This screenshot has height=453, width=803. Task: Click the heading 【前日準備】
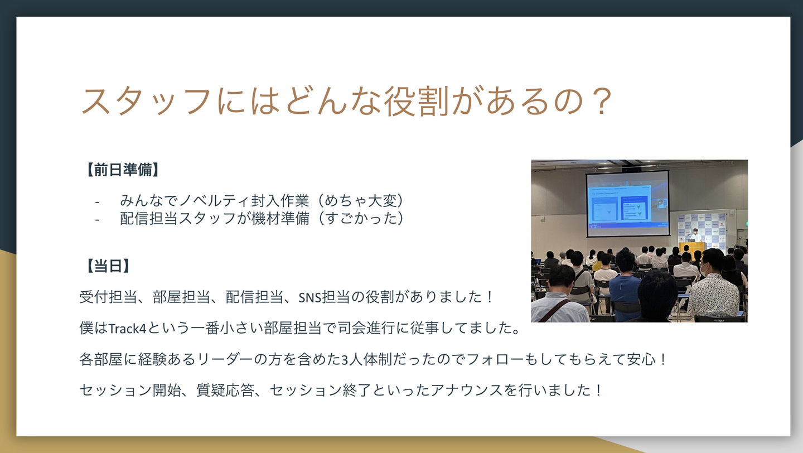(x=122, y=170)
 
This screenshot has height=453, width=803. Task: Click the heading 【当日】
(x=108, y=266)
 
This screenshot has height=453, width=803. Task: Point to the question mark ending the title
(x=601, y=101)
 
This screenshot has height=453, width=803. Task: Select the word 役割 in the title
(x=416, y=101)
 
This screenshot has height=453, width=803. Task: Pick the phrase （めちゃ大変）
(x=361, y=200)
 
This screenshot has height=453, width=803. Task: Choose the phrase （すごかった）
(x=361, y=218)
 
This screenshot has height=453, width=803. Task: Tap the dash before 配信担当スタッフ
(x=97, y=219)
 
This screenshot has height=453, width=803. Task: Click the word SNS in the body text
(x=309, y=297)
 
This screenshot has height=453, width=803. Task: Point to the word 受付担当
(x=108, y=297)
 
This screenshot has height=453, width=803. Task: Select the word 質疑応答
(x=225, y=390)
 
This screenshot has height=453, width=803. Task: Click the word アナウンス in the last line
(x=466, y=390)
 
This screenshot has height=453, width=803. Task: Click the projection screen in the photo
(x=628, y=204)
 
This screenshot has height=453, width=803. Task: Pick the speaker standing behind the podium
(x=695, y=235)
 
